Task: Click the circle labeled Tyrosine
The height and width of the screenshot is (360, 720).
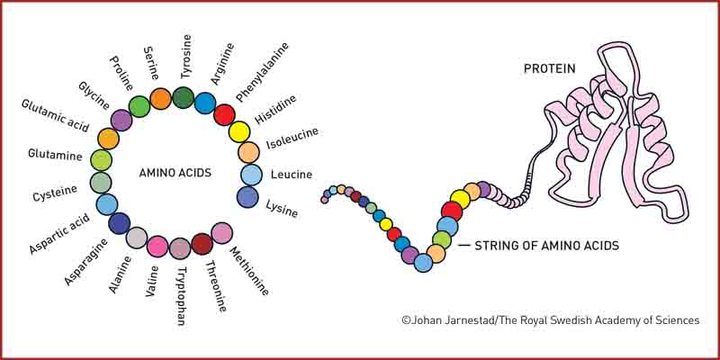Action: pos(184,97)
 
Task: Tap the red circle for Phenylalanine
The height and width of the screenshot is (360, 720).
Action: pos(224,114)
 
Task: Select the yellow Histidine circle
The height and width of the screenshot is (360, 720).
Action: pos(238,131)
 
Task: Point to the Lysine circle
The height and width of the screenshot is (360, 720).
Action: pos(248,196)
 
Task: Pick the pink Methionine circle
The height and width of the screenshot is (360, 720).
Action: pos(221,233)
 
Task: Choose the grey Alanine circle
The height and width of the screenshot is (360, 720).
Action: pos(137,238)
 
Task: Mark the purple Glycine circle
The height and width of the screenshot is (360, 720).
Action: pos(121,120)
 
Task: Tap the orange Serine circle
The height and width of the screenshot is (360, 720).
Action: pos(160,98)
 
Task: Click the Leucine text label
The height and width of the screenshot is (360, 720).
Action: pos(292,174)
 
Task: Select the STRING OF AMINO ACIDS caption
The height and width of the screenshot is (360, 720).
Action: pos(546,245)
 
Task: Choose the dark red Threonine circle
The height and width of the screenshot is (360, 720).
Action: pos(202,243)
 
